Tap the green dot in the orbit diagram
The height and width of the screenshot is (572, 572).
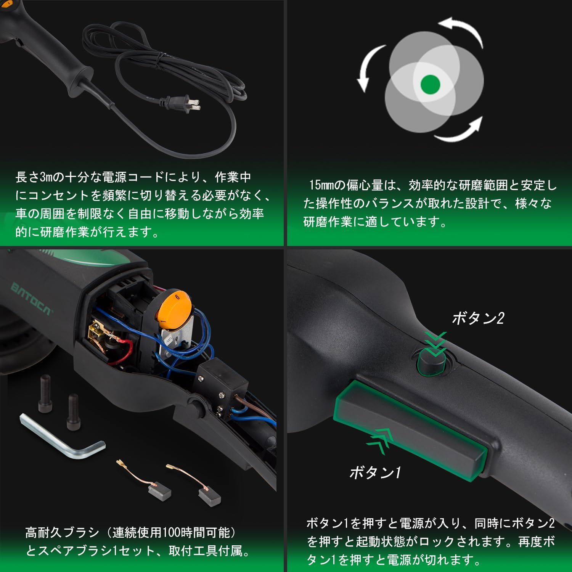(431, 84)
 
